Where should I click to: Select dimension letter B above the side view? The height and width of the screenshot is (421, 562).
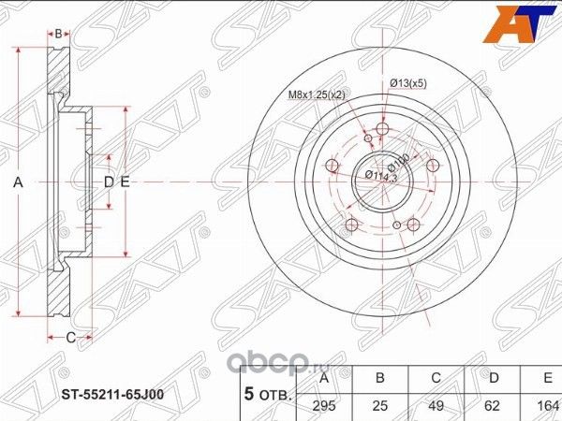[59, 34]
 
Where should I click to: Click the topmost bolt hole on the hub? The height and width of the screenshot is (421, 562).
[381, 129]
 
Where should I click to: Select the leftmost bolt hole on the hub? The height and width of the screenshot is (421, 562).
[332, 167]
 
